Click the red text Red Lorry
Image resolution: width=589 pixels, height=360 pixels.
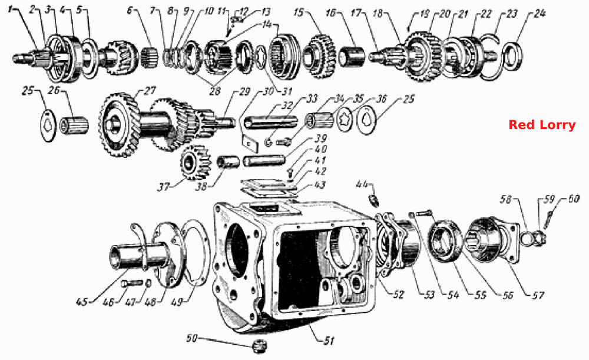(542, 125)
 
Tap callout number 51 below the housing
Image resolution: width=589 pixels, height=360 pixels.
(329, 341)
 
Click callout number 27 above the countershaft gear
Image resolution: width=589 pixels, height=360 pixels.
(149, 91)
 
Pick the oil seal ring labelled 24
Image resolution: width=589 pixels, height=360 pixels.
(511, 57)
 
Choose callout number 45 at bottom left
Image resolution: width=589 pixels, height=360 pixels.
(82, 302)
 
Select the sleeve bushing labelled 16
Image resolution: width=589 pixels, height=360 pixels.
(352, 57)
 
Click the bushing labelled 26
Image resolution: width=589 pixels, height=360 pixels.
(74, 125)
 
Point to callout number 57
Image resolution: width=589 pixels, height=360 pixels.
(538, 295)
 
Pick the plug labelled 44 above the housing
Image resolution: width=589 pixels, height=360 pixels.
(375, 199)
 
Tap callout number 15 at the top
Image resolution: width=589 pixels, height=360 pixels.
(298, 12)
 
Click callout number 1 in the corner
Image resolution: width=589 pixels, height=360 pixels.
(10, 9)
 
